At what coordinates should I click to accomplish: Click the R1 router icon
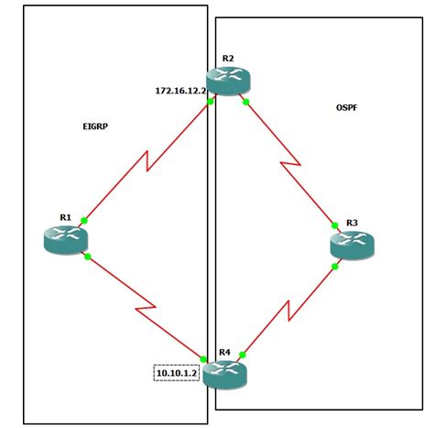pos(65,239)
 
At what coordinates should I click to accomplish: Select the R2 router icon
pos(228,82)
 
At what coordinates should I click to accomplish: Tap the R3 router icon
pos(353,245)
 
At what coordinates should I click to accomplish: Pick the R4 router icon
pos(224,371)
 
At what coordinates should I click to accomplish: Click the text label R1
pos(66,217)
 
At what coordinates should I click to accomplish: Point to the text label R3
pos(352,224)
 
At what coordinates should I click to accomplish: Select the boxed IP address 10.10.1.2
pos(177,373)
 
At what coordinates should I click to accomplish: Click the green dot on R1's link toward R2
pos(84,220)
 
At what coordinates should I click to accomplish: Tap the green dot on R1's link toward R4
pos(87,257)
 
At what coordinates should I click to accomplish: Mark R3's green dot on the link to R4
pos(337,266)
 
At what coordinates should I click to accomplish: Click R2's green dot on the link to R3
pos(245,102)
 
